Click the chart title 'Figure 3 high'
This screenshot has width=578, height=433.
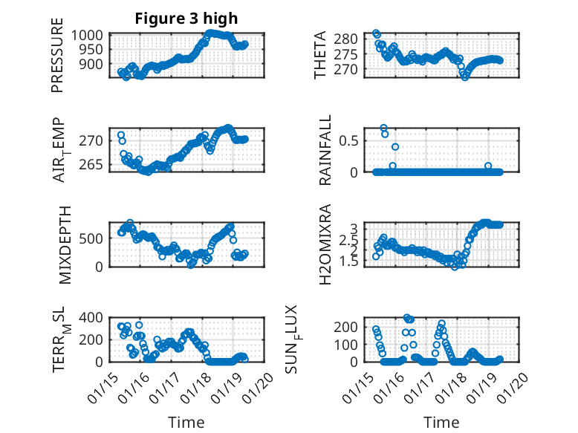186,19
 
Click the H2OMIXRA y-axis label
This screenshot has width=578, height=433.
325,244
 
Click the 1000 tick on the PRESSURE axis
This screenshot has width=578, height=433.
92,35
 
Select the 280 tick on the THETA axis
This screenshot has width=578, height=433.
352,39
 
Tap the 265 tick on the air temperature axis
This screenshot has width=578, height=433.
92,164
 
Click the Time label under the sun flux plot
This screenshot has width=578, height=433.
441,423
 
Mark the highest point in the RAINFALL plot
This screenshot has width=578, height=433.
383,128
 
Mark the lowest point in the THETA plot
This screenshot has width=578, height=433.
465,76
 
